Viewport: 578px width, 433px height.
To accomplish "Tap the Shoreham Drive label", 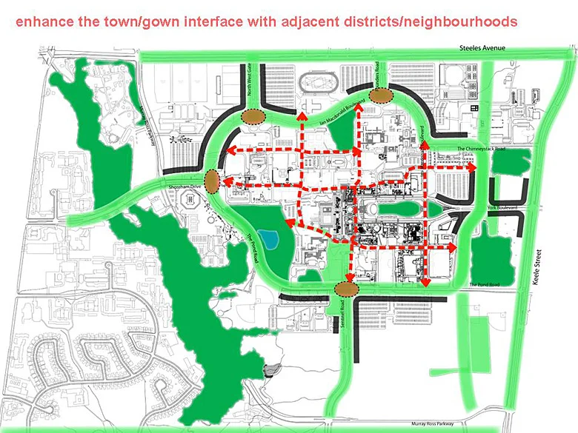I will [185, 187].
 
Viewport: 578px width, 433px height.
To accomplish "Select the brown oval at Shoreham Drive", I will [213, 181].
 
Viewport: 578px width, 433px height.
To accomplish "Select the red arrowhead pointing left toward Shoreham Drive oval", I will [225, 181].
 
